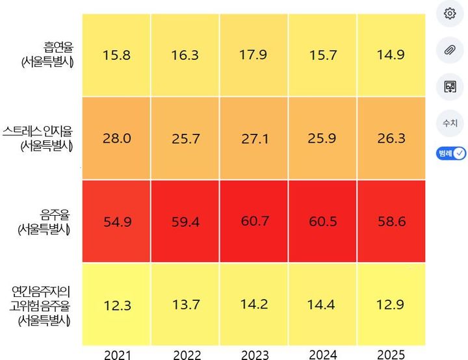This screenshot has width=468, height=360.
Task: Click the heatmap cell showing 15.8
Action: pyautogui.click(x=116, y=55)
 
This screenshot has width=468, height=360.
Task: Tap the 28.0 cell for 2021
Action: pyautogui.click(x=116, y=138)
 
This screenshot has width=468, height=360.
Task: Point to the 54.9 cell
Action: pyautogui.click(x=116, y=222)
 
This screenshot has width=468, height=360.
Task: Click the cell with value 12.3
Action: pyautogui.click(x=116, y=305)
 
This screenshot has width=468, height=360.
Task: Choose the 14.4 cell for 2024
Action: pyautogui.click(x=323, y=305)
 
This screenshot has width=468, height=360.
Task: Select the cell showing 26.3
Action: pyautogui.click(x=392, y=138)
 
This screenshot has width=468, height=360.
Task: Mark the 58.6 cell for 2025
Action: pyautogui.click(x=392, y=222)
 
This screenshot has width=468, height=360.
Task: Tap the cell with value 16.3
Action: pyautogui.click(x=185, y=55)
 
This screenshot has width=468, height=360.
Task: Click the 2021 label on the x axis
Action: pyautogui.click(x=117, y=355)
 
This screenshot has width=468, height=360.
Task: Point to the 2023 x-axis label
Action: pyautogui.click(x=255, y=355)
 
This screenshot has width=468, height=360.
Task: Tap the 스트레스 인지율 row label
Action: pyautogui.click(x=39, y=138)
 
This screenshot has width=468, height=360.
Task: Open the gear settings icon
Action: pyautogui.click(x=450, y=14)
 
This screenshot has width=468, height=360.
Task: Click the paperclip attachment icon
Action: pyautogui.click(x=450, y=49)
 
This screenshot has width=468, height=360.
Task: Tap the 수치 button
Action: pyautogui.click(x=450, y=122)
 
